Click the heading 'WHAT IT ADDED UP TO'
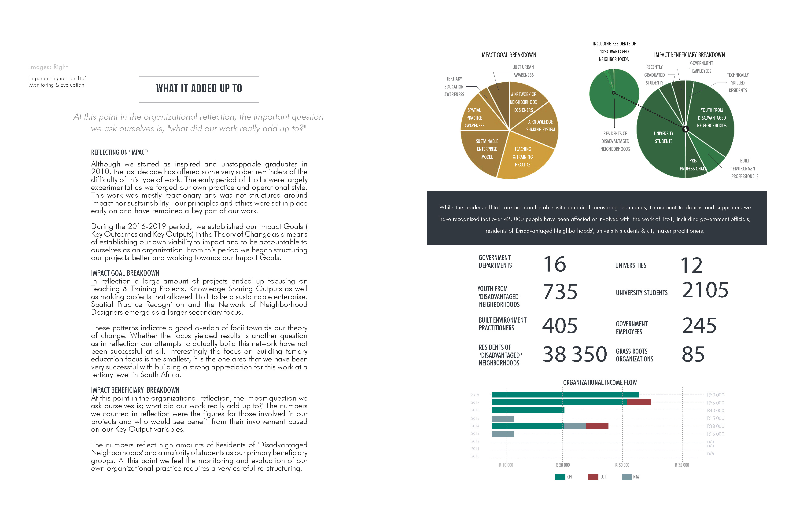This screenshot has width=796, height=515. pyautogui.click(x=199, y=89)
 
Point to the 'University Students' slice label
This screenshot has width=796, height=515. pyautogui.click(x=663, y=137)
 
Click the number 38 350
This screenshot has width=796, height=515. pyautogui.click(x=575, y=354)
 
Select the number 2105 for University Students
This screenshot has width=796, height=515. pyautogui.click(x=705, y=290)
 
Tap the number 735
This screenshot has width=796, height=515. pyautogui.click(x=560, y=292)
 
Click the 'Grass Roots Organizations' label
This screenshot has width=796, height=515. pyautogui.click(x=634, y=355)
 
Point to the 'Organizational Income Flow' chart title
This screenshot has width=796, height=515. pyautogui.click(x=600, y=382)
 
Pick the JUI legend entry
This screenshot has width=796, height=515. pyautogui.click(x=597, y=477)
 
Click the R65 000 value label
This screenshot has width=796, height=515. pyautogui.click(x=715, y=403)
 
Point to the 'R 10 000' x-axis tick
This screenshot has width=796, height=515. pyautogui.click(x=506, y=465)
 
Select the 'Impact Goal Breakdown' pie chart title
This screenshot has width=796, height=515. pyautogui.click(x=508, y=55)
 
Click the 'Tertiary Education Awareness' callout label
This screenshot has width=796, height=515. pyautogui.click(x=454, y=87)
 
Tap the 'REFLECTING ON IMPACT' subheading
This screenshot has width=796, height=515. pyautogui.click(x=119, y=152)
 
